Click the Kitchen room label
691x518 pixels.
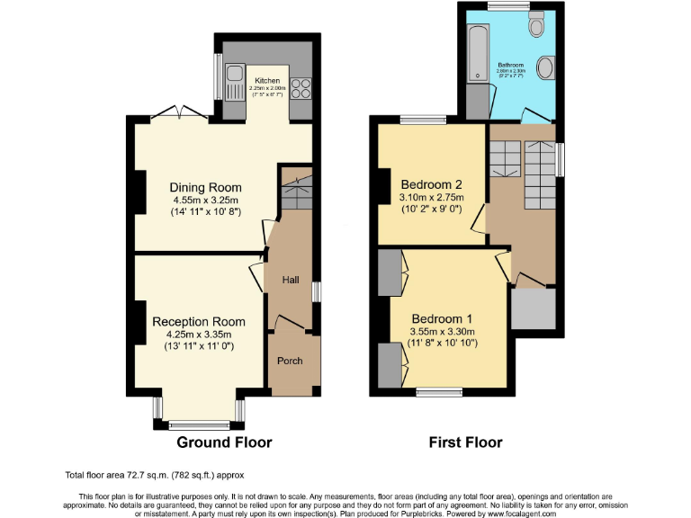pos(266,80)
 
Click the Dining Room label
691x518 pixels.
pos(206,187)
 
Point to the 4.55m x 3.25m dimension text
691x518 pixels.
pos(206,200)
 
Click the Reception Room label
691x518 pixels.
pos(199,321)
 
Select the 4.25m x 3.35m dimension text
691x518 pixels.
pos(199,334)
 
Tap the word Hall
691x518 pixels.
pos(291,281)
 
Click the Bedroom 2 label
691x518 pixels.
pos(431,184)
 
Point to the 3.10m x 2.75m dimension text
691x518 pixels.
pos(431,197)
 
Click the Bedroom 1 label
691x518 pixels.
pos(443,318)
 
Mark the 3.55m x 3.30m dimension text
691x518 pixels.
pos(443,331)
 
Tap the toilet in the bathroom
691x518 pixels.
pos(537,27)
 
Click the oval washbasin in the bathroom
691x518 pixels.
pos(544,67)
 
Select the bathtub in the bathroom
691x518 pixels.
pos(476,54)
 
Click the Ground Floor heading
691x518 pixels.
pos(224,442)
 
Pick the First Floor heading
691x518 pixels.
pos(466,442)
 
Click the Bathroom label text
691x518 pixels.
pos(510,66)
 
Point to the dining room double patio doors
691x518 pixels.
pos(177,112)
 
